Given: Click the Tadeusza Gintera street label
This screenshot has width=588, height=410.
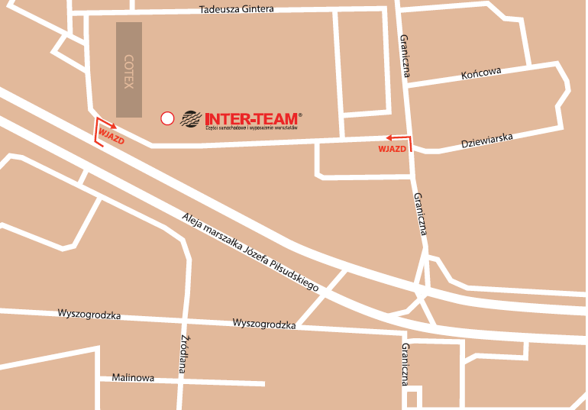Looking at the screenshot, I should tap(236, 10).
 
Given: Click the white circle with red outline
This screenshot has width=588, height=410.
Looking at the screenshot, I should tap(166, 118).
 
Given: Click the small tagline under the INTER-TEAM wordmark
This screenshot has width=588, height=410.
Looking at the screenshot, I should tap(251, 127).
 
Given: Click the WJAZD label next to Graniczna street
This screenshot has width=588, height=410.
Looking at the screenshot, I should tap(392, 148).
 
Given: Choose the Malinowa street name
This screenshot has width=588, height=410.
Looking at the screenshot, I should tap(133, 377).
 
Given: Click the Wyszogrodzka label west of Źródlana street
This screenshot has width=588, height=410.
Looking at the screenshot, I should tap(89, 315).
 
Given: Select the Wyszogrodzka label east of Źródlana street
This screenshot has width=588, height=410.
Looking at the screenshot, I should tap(264, 324).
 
